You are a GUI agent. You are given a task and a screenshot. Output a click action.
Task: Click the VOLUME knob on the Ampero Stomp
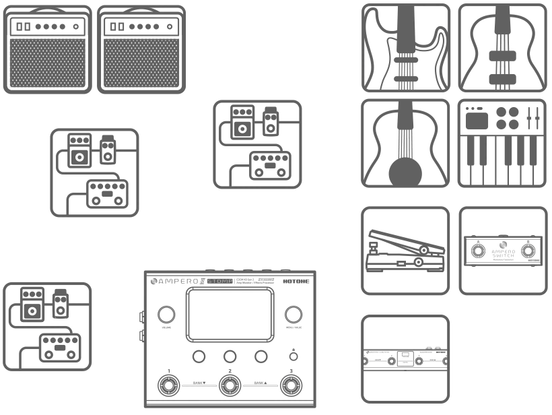[166, 315]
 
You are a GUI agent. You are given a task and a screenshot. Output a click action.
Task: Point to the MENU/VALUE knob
[293, 315]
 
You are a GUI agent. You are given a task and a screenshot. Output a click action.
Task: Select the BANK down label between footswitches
[198, 383]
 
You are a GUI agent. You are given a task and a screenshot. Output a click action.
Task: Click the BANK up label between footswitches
[261, 383]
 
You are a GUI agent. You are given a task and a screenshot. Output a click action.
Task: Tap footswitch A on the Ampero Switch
[477, 252]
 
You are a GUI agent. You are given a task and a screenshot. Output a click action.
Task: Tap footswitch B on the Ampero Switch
[529, 252]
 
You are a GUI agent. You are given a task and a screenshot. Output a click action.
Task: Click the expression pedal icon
[405, 250]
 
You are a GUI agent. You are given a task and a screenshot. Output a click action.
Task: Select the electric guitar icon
[405, 47]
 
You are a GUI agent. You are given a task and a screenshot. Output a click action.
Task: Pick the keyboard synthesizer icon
[502, 143]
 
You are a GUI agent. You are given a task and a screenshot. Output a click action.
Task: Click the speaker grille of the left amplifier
[46, 63]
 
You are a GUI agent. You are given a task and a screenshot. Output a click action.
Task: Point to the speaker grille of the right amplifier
[141, 63]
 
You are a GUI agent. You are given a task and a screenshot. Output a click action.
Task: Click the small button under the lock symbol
[293, 357]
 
